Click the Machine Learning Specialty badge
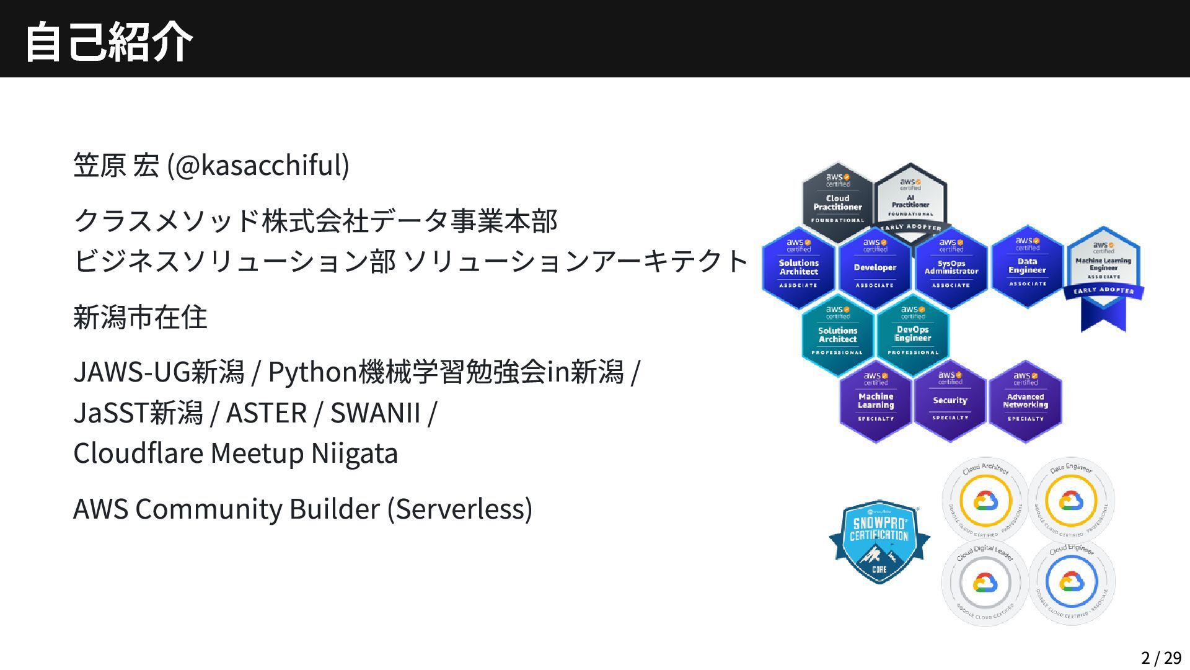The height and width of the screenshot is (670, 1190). (x=875, y=401)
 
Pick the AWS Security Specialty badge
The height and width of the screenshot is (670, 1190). (x=950, y=401)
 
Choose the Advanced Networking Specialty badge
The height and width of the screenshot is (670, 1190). (x=1025, y=401)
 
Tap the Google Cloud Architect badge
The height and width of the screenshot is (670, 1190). (x=985, y=499)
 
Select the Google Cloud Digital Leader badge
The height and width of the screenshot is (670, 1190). (x=985, y=583)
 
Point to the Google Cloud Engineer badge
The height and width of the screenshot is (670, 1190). (x=1071, y=583)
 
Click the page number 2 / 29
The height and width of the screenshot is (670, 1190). (x=1161, y=658)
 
